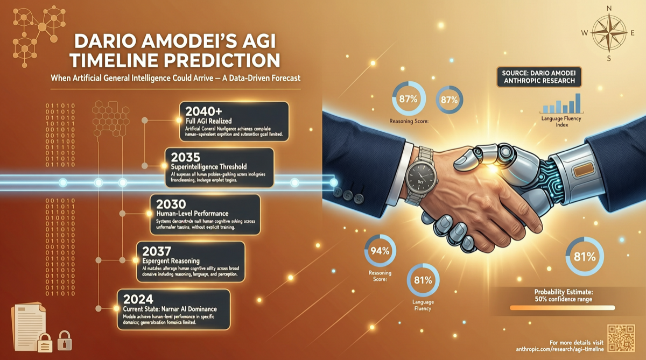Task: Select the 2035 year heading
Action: tap(186, 157)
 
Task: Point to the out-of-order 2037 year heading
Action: tap(154, 250)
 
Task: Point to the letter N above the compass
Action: tap(609, 8)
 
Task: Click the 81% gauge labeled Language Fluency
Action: tap(423, 280)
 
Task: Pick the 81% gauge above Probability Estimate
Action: tap(584, 257)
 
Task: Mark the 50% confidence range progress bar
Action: tap(561, 308)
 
